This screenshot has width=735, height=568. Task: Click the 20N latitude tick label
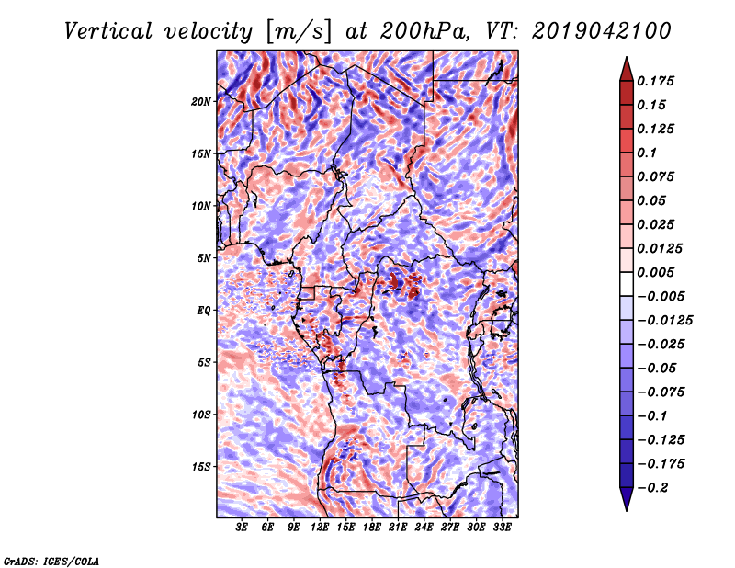pyautogui.click(x=201, y=101)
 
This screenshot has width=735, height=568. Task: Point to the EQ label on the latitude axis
pyautogui.click(x=205, y=311)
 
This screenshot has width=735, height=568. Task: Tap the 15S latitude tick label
pyautogui.click(x=201, y=467)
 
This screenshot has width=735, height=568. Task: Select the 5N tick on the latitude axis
pyautogui.click(x=204, y=258)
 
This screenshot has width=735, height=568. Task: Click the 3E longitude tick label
pyautogui.click(x=243, y=528)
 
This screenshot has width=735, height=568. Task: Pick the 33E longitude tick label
pyautogui.click(x=502, y=528)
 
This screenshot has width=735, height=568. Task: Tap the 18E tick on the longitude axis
pyautogui.click(x=372, y=528)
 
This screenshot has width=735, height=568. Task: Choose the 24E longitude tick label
pyautogui.click(x=424, y=528)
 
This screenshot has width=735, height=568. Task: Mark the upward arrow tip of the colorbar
pyautogui.click(x=625, y=60)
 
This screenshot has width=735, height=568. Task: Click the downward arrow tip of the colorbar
pyautogui.click(x=625, y=507)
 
